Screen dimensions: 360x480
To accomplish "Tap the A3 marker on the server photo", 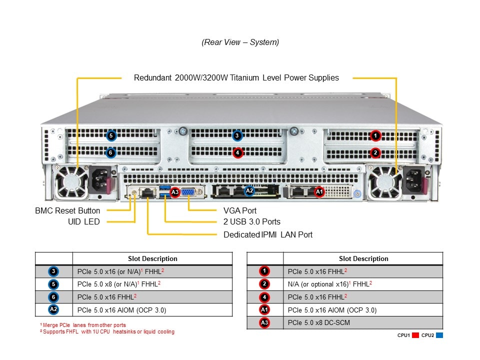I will pyautogui.click(x=175, y=191).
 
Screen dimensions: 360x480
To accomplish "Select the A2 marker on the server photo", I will pyautogui.click(x=249, y=190).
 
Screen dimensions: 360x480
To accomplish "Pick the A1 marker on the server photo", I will pyautogui.click(x=319, y=191).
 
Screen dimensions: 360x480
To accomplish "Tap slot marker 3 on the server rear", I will pyautogui.click(x=237, y=135).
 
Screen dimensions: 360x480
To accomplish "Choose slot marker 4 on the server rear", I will pyautogui.click(x=237, y=152).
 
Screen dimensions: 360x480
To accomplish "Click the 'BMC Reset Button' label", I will pyautogui.click(x=67, y=210).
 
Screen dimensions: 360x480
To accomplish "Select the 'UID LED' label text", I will pyautogui.click(x=84, y=221).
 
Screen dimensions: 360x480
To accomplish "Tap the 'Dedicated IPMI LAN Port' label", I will pyautogui.click(x=268, y=234).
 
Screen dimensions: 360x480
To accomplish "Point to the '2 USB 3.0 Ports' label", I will pyautogui.click(x=252, y=221).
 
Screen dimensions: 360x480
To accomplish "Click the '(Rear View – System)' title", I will pyautogui.click(x=240, y=42).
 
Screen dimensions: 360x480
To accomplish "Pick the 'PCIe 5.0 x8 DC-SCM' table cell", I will pyautogui.click(x=319, y=322).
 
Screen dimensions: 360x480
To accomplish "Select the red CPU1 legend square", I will pyautogui.click(x=415, y=335).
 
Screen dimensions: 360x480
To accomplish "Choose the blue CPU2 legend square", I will pyautogui.click(x=439, y=335).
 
